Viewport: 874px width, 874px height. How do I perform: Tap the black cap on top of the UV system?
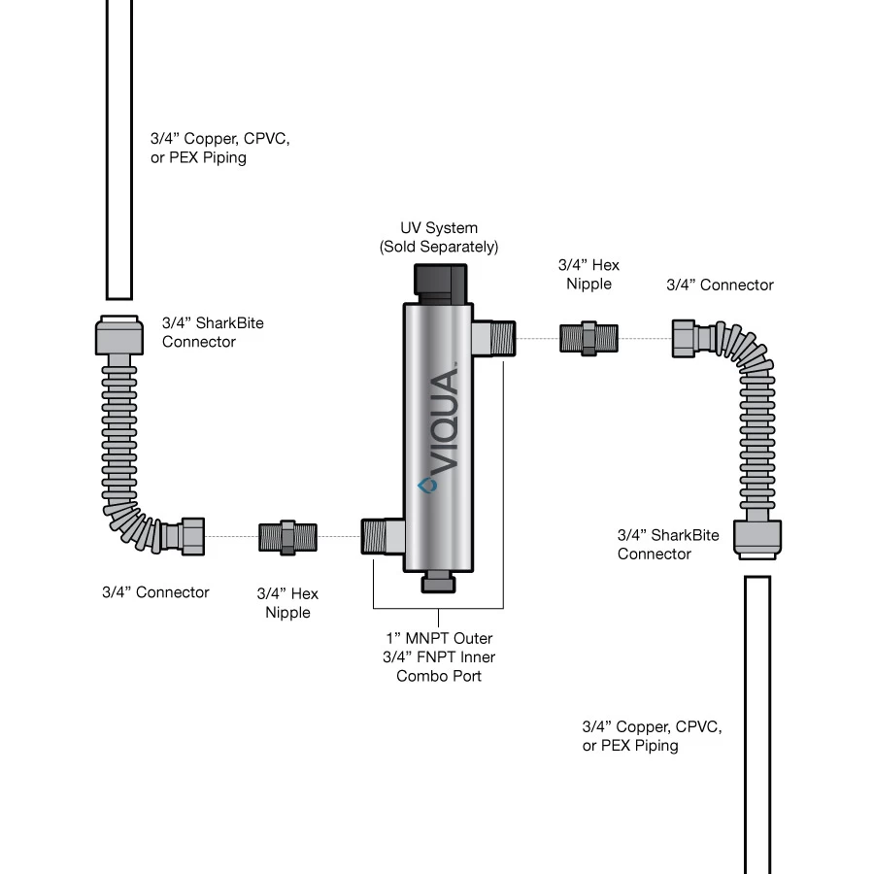pyautogui.click(x=440, y=282)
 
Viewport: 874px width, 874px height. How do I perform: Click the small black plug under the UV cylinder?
pyautogui.click(x=439, y=582)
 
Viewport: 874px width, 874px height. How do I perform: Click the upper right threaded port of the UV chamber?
pyautogui.click(x=493, y=338)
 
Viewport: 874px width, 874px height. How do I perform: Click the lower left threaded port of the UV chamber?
pyautogui.click(x=381, y=537)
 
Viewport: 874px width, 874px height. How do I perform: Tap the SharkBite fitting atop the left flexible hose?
pyautogui.click(x=119, y=336)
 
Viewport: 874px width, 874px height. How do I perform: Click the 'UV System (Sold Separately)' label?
pyautogui.click(x=439, y=237)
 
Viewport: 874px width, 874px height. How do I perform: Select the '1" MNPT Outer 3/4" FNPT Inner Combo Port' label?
pyautogui.click(x=439, y=656)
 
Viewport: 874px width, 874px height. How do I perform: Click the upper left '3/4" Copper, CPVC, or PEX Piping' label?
pyautogui.click(x=219, y=148)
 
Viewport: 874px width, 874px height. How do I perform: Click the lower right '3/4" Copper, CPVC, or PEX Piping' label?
pyautogui.click(x=652, y=735)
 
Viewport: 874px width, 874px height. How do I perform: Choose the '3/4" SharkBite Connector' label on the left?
pyautogui.click(x=213, y=331)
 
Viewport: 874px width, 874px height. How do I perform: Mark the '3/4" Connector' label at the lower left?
pyautogui.click(x=155, y=591)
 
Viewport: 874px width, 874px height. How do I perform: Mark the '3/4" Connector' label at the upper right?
pyautogui.click(x=720, y=285)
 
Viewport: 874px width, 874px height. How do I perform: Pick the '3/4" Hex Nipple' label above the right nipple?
pyautogui.click(x=588, y=274)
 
